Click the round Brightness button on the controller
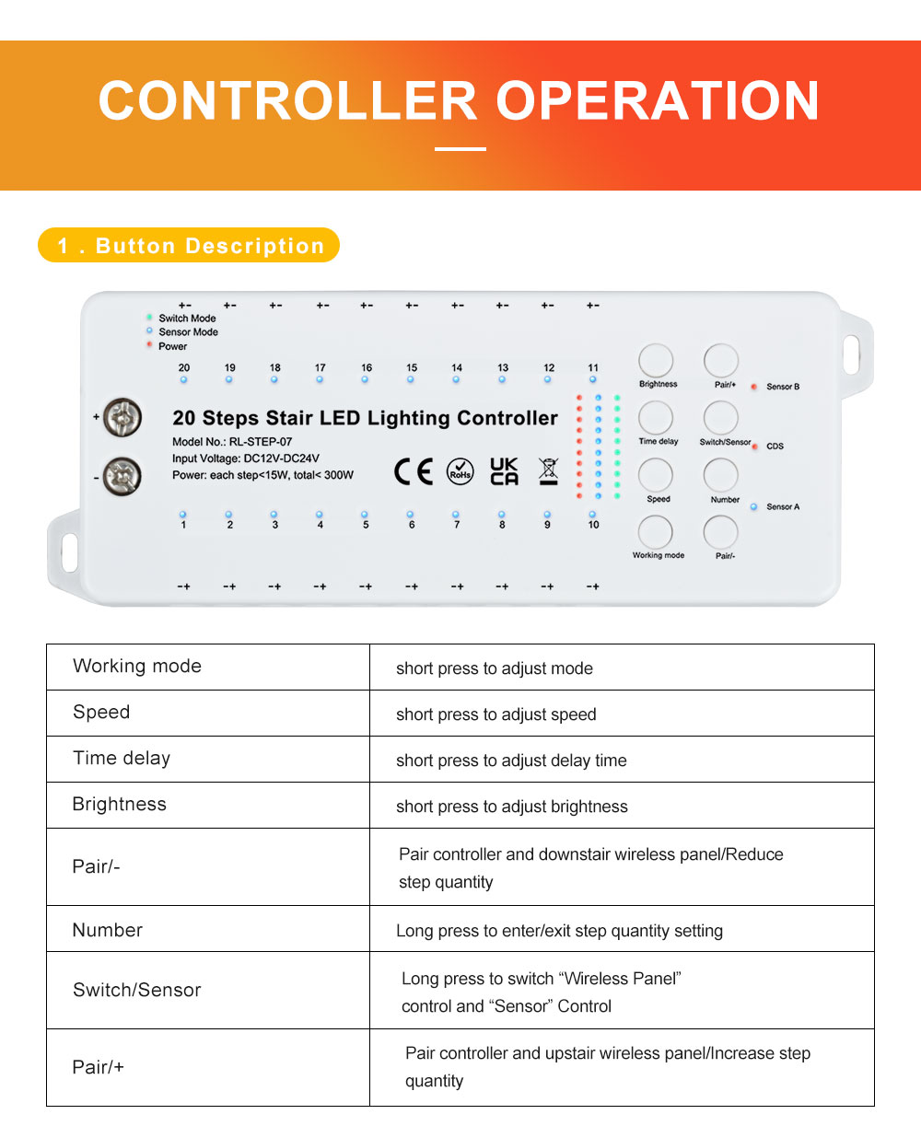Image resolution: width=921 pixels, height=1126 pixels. (656, 361)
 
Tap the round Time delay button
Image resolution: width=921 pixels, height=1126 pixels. (656, 418)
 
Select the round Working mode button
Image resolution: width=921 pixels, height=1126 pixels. (656, 532)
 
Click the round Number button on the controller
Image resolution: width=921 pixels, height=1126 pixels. (721, 475)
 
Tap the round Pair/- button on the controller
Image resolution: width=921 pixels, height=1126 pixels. (721, 532)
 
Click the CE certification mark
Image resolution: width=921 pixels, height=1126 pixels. (413, 471)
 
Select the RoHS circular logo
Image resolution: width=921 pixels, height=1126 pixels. (460, 471)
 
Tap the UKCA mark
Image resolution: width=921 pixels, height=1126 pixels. (504, 471)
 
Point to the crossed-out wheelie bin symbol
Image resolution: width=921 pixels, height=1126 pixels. (548, 471)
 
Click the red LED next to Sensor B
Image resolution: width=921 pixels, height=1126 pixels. (753, 387)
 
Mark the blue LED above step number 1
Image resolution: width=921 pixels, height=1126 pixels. (183, 514)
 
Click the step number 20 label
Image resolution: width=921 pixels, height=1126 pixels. (184, 368)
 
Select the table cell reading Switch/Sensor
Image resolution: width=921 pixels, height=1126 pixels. (136, 990)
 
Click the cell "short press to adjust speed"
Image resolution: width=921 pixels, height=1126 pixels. (495, 714)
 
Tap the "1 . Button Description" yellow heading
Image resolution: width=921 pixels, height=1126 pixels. (190, 246)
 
